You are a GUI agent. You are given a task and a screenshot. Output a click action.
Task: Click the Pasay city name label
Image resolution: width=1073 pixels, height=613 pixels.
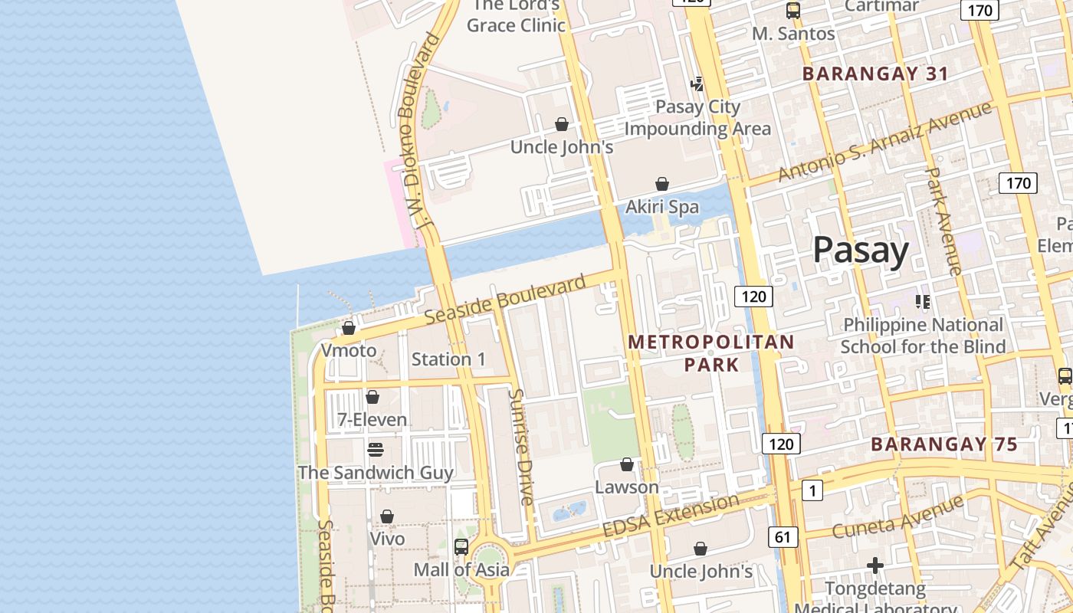[x=861, y=250]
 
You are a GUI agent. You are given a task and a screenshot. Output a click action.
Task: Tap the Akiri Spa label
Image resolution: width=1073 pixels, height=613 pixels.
[x=662, y=207]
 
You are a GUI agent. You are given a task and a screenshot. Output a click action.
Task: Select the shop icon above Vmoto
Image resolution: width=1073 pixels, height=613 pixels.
[x=349, y=328]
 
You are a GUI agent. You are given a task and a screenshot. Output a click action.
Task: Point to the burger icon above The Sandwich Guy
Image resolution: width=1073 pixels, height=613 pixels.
[x=376, y=449]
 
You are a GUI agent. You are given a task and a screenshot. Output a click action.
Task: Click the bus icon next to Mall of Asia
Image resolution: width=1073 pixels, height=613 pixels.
[x=461, y=547]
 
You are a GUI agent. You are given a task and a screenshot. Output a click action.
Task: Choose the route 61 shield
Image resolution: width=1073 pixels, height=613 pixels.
[x=782, y=537]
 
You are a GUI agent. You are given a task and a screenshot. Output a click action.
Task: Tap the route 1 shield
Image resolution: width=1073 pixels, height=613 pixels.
[x=812, y=490]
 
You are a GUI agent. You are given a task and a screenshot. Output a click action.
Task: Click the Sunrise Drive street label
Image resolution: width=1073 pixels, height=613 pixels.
[x=521, y=447]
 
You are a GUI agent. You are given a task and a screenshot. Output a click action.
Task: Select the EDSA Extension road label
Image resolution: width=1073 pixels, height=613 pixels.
[x=671, y=516]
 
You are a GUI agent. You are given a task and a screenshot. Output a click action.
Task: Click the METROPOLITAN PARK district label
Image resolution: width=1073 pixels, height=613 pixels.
[x=711, y=353]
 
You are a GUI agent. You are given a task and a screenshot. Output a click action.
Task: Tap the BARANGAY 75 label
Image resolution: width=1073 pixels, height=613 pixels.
[x=944, y=444]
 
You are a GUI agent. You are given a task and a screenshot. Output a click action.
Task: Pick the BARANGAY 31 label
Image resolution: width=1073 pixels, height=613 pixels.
[x=875, y=74]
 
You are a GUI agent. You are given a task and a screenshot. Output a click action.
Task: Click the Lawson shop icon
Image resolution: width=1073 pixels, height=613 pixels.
[x=627, y=464]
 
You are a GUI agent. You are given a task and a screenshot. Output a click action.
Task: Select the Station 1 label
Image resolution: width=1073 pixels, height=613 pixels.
[x=448, y=359]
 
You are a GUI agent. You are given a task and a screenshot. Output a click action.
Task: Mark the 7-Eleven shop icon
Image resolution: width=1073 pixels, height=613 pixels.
[x=372, y=397]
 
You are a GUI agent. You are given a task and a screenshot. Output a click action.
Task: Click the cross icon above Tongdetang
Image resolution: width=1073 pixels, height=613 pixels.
[x=875, y=566]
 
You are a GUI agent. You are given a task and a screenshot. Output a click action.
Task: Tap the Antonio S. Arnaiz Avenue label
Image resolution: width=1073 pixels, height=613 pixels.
[x=884, y=142]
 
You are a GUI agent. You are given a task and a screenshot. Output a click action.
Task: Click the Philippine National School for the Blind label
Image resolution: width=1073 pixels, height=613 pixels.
[x=923, y=336]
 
